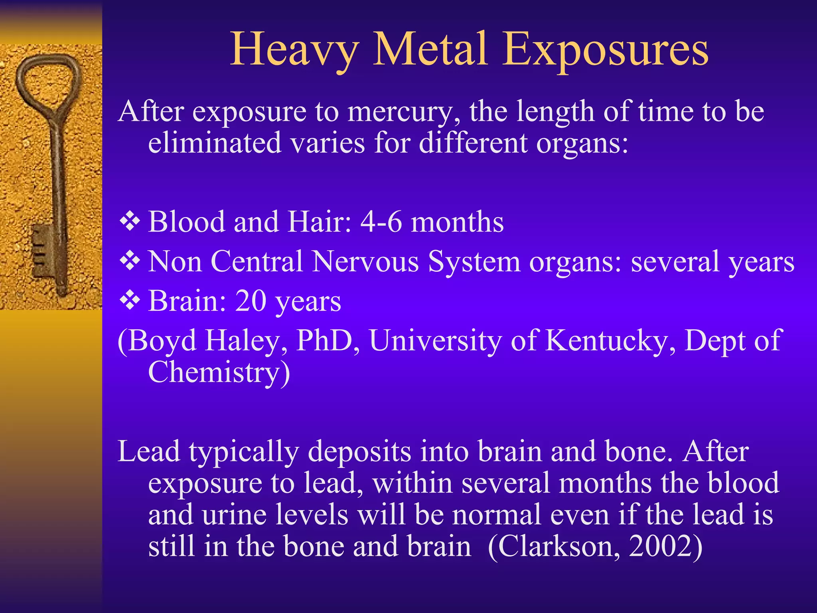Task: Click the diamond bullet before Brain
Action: (x=130, y=301)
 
